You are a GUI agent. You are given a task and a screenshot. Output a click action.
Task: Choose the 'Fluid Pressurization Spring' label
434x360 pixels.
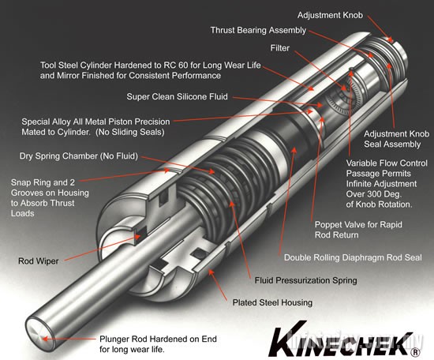[x=305, y=280]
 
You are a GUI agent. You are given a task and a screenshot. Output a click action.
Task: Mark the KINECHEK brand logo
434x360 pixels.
[x=339, y=337]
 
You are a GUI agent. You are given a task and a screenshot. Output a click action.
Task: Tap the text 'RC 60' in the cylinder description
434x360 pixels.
[x=205, y=65]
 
